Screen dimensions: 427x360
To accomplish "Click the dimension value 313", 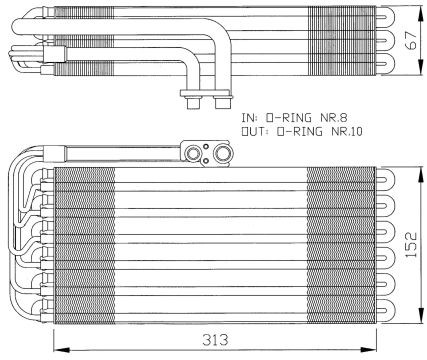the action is [215, 340].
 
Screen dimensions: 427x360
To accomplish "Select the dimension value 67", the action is [411, 41].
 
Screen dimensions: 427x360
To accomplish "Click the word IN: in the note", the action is [250, 118].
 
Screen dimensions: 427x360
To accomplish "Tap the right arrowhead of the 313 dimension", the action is [369, 350].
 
